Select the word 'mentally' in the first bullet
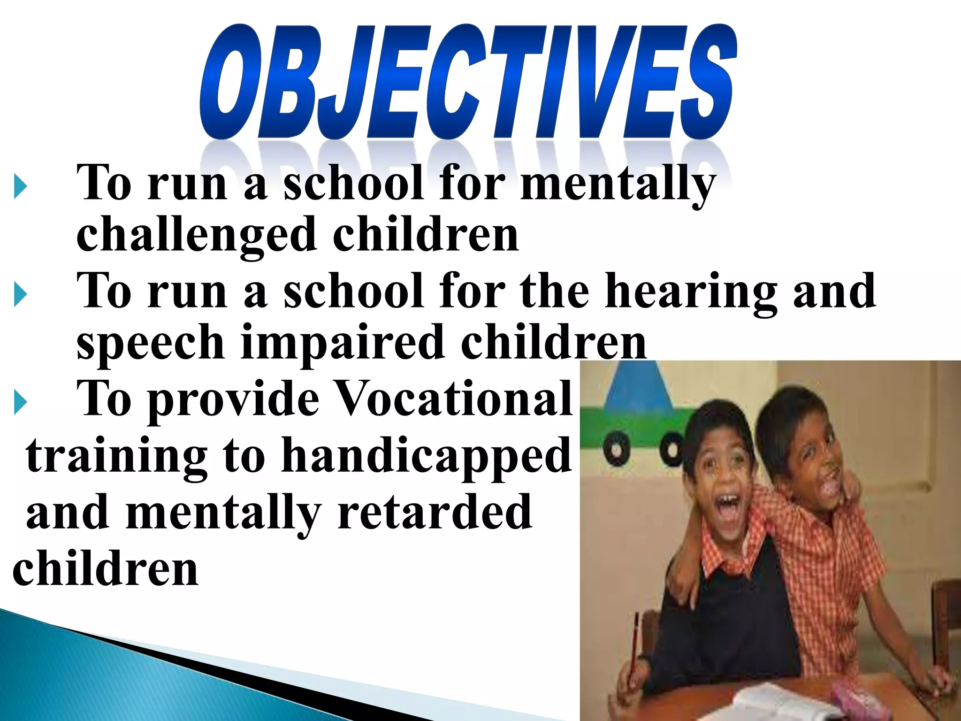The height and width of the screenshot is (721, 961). (x=618, y=185)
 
